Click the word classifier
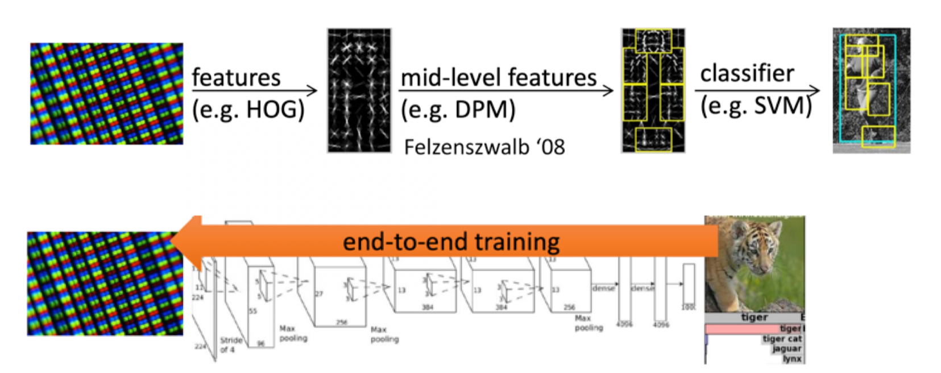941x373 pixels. pyautogui.click(x=747, y=74)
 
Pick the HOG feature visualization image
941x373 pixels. pyautogui.click(x=359, y=91)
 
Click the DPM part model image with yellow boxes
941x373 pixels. pyautogui.click(x=653, y=91)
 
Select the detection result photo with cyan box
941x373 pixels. pyautogui.click(x=871, y=91)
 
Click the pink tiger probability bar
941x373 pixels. pyautogui.click(x=742, y=329)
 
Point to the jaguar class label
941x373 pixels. pyautogui.click(x=787, y=349)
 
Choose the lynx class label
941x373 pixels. pyautogui.click(x=791, y=359)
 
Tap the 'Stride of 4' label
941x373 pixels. pyautogui.click(x=231, y=345)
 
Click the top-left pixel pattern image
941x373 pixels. pyautogui.click(x=106, y=94)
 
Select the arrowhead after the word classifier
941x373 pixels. pyautogui.click(x=816, y=90)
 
